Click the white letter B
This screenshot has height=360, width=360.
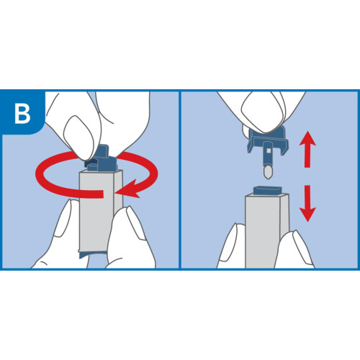tap(22, 113)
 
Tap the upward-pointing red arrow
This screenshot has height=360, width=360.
tap(307, 149)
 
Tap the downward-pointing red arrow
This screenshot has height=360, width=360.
tap(307, 204)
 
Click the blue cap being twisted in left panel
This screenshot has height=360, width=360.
tap(101, 160)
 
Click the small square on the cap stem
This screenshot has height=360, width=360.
tap(269, 150)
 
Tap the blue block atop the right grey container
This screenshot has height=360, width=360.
tap(267, 191)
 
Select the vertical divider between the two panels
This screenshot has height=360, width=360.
tap(180, 179)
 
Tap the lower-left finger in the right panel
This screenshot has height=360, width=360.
tap(233, 246)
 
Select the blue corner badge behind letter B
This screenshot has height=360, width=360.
tap(22, 112)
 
